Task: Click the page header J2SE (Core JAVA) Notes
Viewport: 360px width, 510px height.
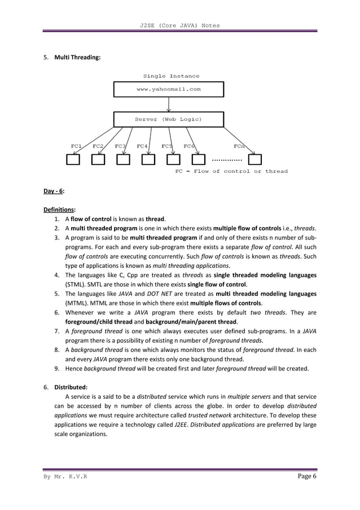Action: [180, 25]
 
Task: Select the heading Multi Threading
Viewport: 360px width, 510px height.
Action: [77, 58]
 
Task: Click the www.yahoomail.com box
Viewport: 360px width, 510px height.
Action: [169, 89]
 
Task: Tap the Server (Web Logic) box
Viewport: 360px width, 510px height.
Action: [169, 119]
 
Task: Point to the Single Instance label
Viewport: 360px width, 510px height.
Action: [171, 76]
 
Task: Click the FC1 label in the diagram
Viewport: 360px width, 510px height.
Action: [77, 146]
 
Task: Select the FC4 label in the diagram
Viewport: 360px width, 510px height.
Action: [142, 146]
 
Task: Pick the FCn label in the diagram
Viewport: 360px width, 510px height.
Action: [239, 146]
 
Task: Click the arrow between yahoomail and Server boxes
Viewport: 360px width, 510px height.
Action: [169, 104]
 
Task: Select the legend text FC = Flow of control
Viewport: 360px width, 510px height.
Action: [231, 171]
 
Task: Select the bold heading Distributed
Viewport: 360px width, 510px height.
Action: [71, 387]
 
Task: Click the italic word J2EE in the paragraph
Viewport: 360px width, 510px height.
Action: [182, 425]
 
